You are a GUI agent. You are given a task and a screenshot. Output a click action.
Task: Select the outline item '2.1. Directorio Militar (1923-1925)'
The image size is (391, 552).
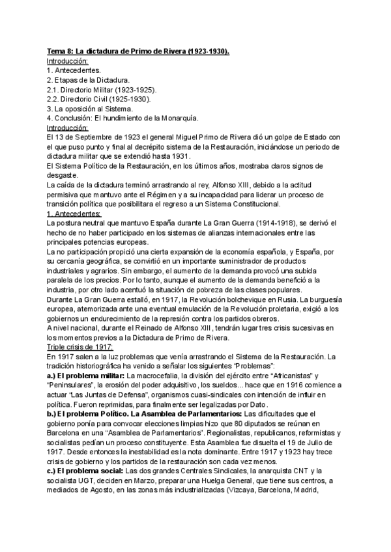click(x=102, y=89)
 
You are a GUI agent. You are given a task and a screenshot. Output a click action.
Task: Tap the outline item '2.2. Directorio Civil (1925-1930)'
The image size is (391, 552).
click(x=98, y=99)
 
